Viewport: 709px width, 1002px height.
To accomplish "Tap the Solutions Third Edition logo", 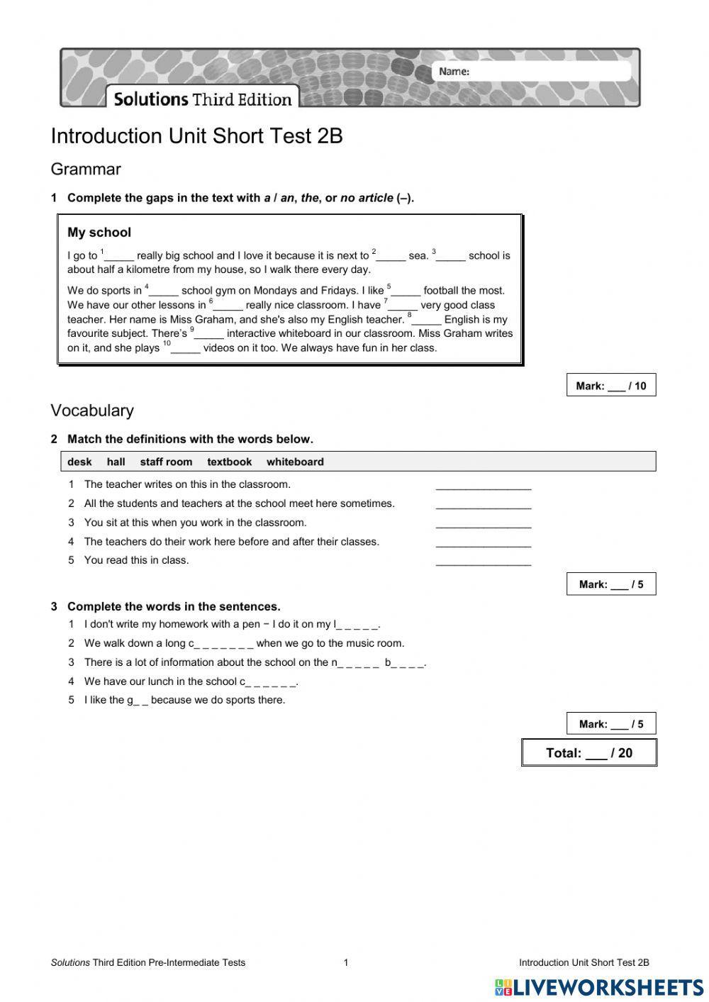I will coord(203,99).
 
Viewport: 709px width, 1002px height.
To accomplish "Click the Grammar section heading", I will coord(86,169).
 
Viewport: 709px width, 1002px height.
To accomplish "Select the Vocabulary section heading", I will coord(92,411).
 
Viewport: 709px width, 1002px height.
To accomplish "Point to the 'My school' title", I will coord(99,233).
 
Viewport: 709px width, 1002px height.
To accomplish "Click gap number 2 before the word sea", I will coord(391,257).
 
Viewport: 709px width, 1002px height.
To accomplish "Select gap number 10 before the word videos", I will coord(186,349).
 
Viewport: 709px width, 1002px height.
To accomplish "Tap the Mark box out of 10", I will coord(610,386).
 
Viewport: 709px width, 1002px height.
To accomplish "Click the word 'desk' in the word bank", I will coord(79,462).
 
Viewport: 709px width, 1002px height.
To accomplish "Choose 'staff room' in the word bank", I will coord(166,462).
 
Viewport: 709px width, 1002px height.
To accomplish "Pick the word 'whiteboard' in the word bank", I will coord(295,462).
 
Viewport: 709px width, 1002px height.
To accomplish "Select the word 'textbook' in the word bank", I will coord(229,462).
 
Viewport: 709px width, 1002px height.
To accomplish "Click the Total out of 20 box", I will coord(588,753).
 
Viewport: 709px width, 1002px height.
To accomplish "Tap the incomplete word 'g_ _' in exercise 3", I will coord(138,701).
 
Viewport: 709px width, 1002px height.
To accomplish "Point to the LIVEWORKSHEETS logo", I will coord(599,987).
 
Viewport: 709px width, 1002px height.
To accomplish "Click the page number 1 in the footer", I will coord(346,962).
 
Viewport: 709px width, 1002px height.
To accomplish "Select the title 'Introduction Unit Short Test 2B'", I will coord(197,136).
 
